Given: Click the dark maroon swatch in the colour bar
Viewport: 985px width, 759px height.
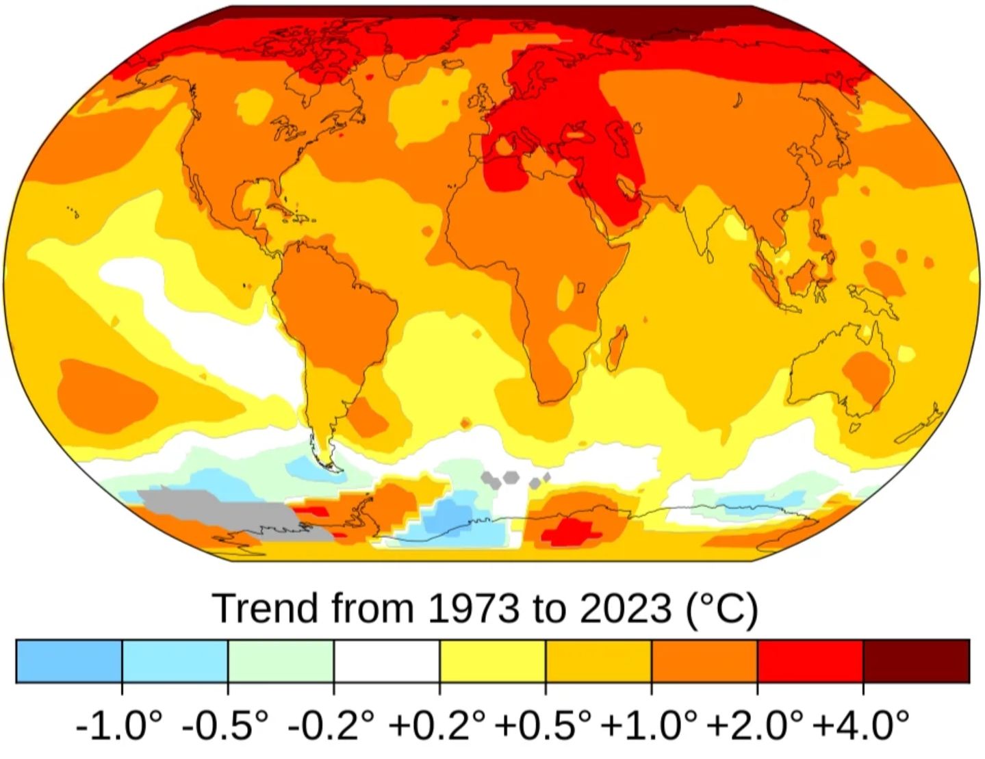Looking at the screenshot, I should (916, 661).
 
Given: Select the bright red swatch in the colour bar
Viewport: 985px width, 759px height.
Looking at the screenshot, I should (810, 661).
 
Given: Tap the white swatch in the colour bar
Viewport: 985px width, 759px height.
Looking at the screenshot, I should (387, 661).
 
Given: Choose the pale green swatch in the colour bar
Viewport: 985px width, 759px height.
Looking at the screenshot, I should (281, 661).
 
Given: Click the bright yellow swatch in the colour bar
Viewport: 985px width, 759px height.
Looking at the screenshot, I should (492, 661).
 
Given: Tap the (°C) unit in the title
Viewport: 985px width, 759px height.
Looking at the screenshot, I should (722, 608).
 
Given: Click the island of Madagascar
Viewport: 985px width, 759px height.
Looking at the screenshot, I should (617, 346).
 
